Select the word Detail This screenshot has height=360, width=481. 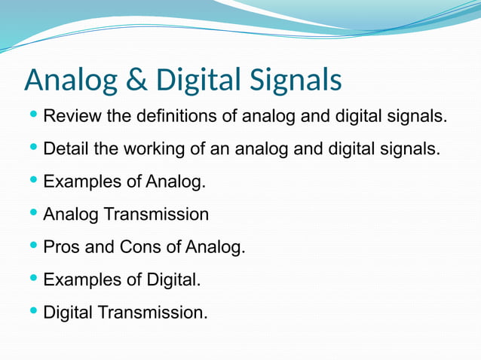pos(66,149)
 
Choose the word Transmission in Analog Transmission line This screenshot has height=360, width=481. pos(156,214)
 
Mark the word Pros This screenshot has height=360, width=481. pos(61,246)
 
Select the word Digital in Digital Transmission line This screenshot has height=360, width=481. pos(68,311)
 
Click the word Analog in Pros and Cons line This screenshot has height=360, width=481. pos(215,246)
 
